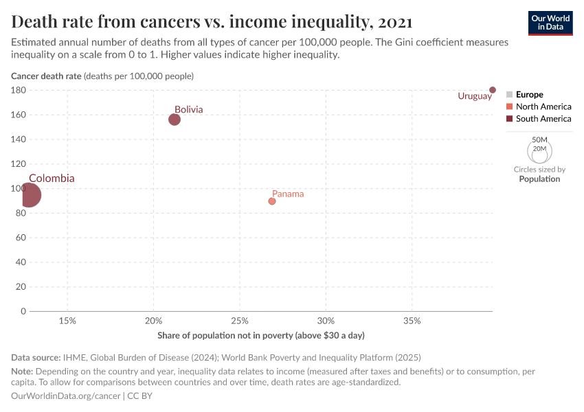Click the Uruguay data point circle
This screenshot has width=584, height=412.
point(493,90)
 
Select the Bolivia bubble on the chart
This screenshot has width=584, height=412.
point(175,119)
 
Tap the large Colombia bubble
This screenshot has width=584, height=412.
point(29,195)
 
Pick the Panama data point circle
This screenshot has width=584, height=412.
point(272,201)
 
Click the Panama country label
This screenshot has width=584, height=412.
point(288,194)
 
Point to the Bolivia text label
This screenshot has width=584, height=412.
point(188,109)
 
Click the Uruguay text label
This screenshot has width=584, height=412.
point(475,96)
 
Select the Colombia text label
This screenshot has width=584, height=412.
point(52,179)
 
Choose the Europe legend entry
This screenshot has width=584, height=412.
point(529,94)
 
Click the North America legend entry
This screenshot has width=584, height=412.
point(543,106)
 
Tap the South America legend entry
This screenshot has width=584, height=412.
point(543,119)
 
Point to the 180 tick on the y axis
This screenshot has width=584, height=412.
point(19,90)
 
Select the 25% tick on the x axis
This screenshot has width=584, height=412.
point(239,321)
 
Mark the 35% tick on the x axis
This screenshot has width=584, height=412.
point(412,321)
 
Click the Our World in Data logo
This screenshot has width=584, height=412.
point(550,23)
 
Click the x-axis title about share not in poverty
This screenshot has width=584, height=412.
point(260,335)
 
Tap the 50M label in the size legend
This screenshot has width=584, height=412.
point(539,139)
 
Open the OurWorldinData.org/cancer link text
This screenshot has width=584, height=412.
point(66,396)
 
